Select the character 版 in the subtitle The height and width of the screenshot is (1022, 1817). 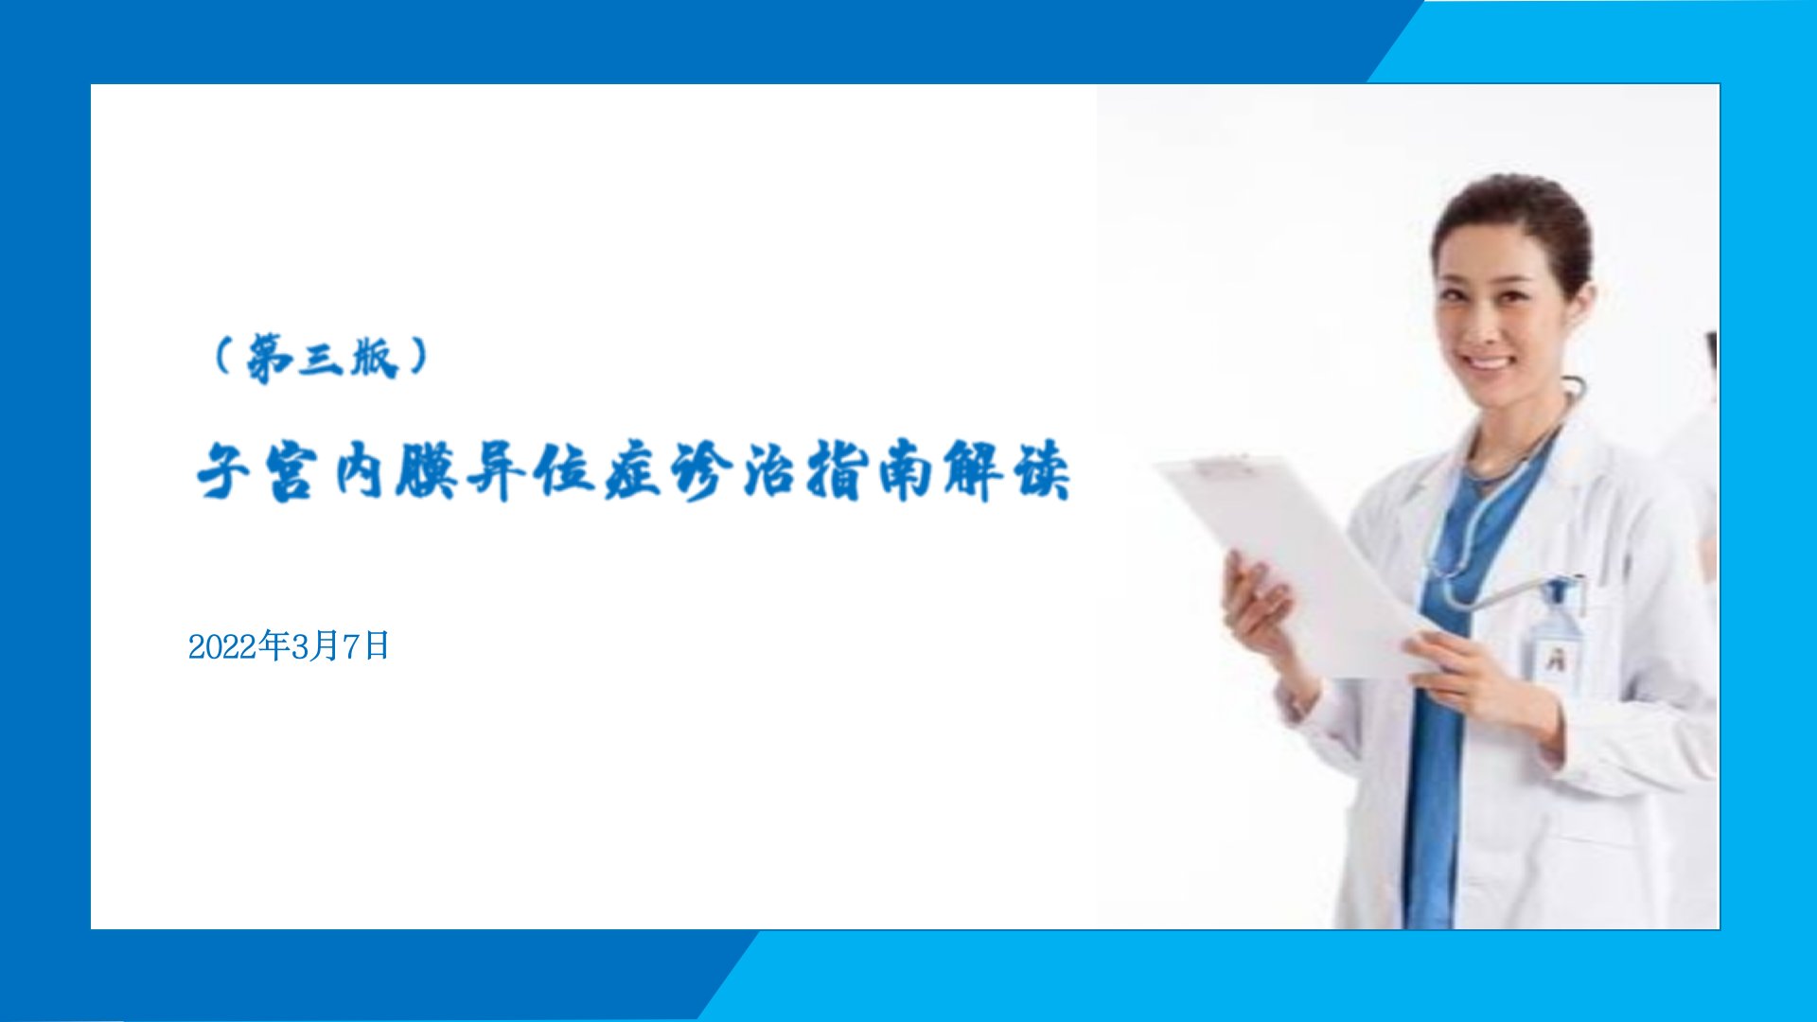[x=374, y=358]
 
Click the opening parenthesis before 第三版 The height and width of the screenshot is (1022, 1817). [x=224, y=358]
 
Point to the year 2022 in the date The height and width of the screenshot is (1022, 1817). [x=224, y=647]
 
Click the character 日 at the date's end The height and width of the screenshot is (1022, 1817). [x=377, y=646]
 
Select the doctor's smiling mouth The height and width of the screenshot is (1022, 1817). [x=1489, y=362]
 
